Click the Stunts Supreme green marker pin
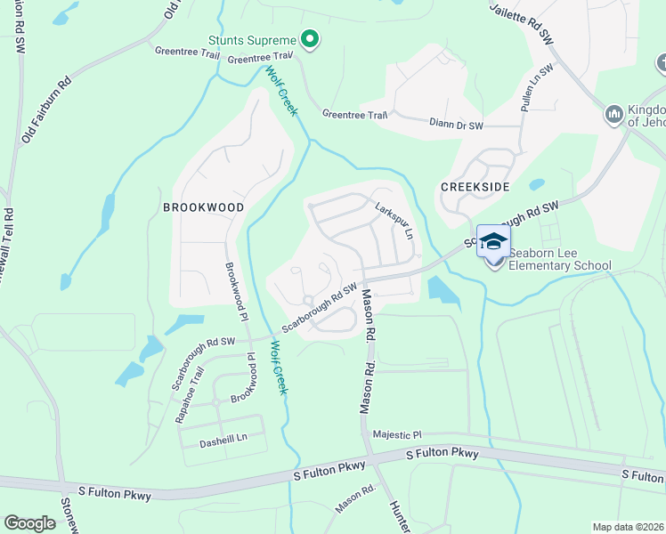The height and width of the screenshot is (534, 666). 309,39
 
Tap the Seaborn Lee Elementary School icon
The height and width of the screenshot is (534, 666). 493,241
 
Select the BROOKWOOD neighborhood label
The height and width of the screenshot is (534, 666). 203,206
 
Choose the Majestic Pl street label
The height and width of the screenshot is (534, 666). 396,434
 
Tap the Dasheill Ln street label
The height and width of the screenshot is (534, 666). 211,439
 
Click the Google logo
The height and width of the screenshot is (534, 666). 29,523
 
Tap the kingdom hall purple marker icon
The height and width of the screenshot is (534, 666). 613,114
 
